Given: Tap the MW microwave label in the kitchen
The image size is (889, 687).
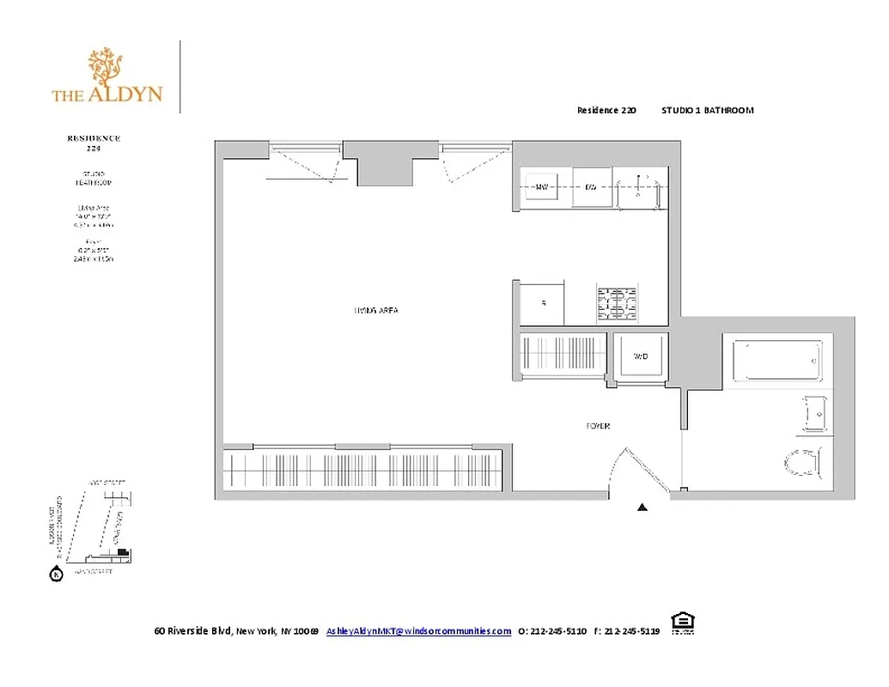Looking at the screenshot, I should (x=542, y=186).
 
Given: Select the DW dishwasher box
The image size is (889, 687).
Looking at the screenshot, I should (x=591, y=186).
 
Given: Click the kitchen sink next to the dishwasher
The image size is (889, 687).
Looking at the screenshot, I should (x=639, y=188).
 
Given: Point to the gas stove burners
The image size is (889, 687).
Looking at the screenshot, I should (x=618, y=303).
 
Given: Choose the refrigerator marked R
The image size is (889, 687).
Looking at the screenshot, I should (x=542, y=303).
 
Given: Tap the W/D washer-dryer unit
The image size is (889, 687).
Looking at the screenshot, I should (x=640, y=356).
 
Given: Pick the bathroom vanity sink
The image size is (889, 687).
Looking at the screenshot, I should (x=815, y=412).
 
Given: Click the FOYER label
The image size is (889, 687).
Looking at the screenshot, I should (x=598, y=426).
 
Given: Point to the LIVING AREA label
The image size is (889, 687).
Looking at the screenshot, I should (x=376, y=310).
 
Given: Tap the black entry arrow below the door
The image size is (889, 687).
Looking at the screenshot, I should (x=642, y=508).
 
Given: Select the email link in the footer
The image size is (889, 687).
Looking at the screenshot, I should (x=418, y=631).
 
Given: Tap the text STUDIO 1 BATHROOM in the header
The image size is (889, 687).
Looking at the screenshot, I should (x=707, y=110).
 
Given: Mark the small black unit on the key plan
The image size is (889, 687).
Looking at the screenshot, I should (x=123, y=550).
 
